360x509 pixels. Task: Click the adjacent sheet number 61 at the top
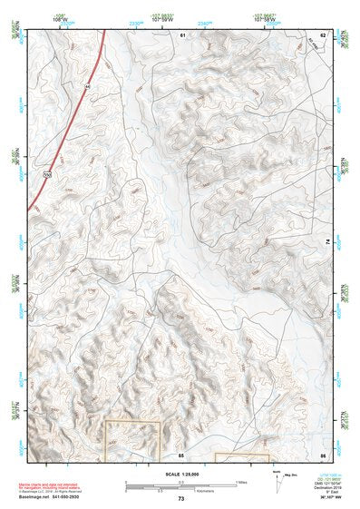click(181, 34)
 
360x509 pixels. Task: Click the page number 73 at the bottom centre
click(180, 499)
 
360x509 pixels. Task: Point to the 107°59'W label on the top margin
click(163, 17)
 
